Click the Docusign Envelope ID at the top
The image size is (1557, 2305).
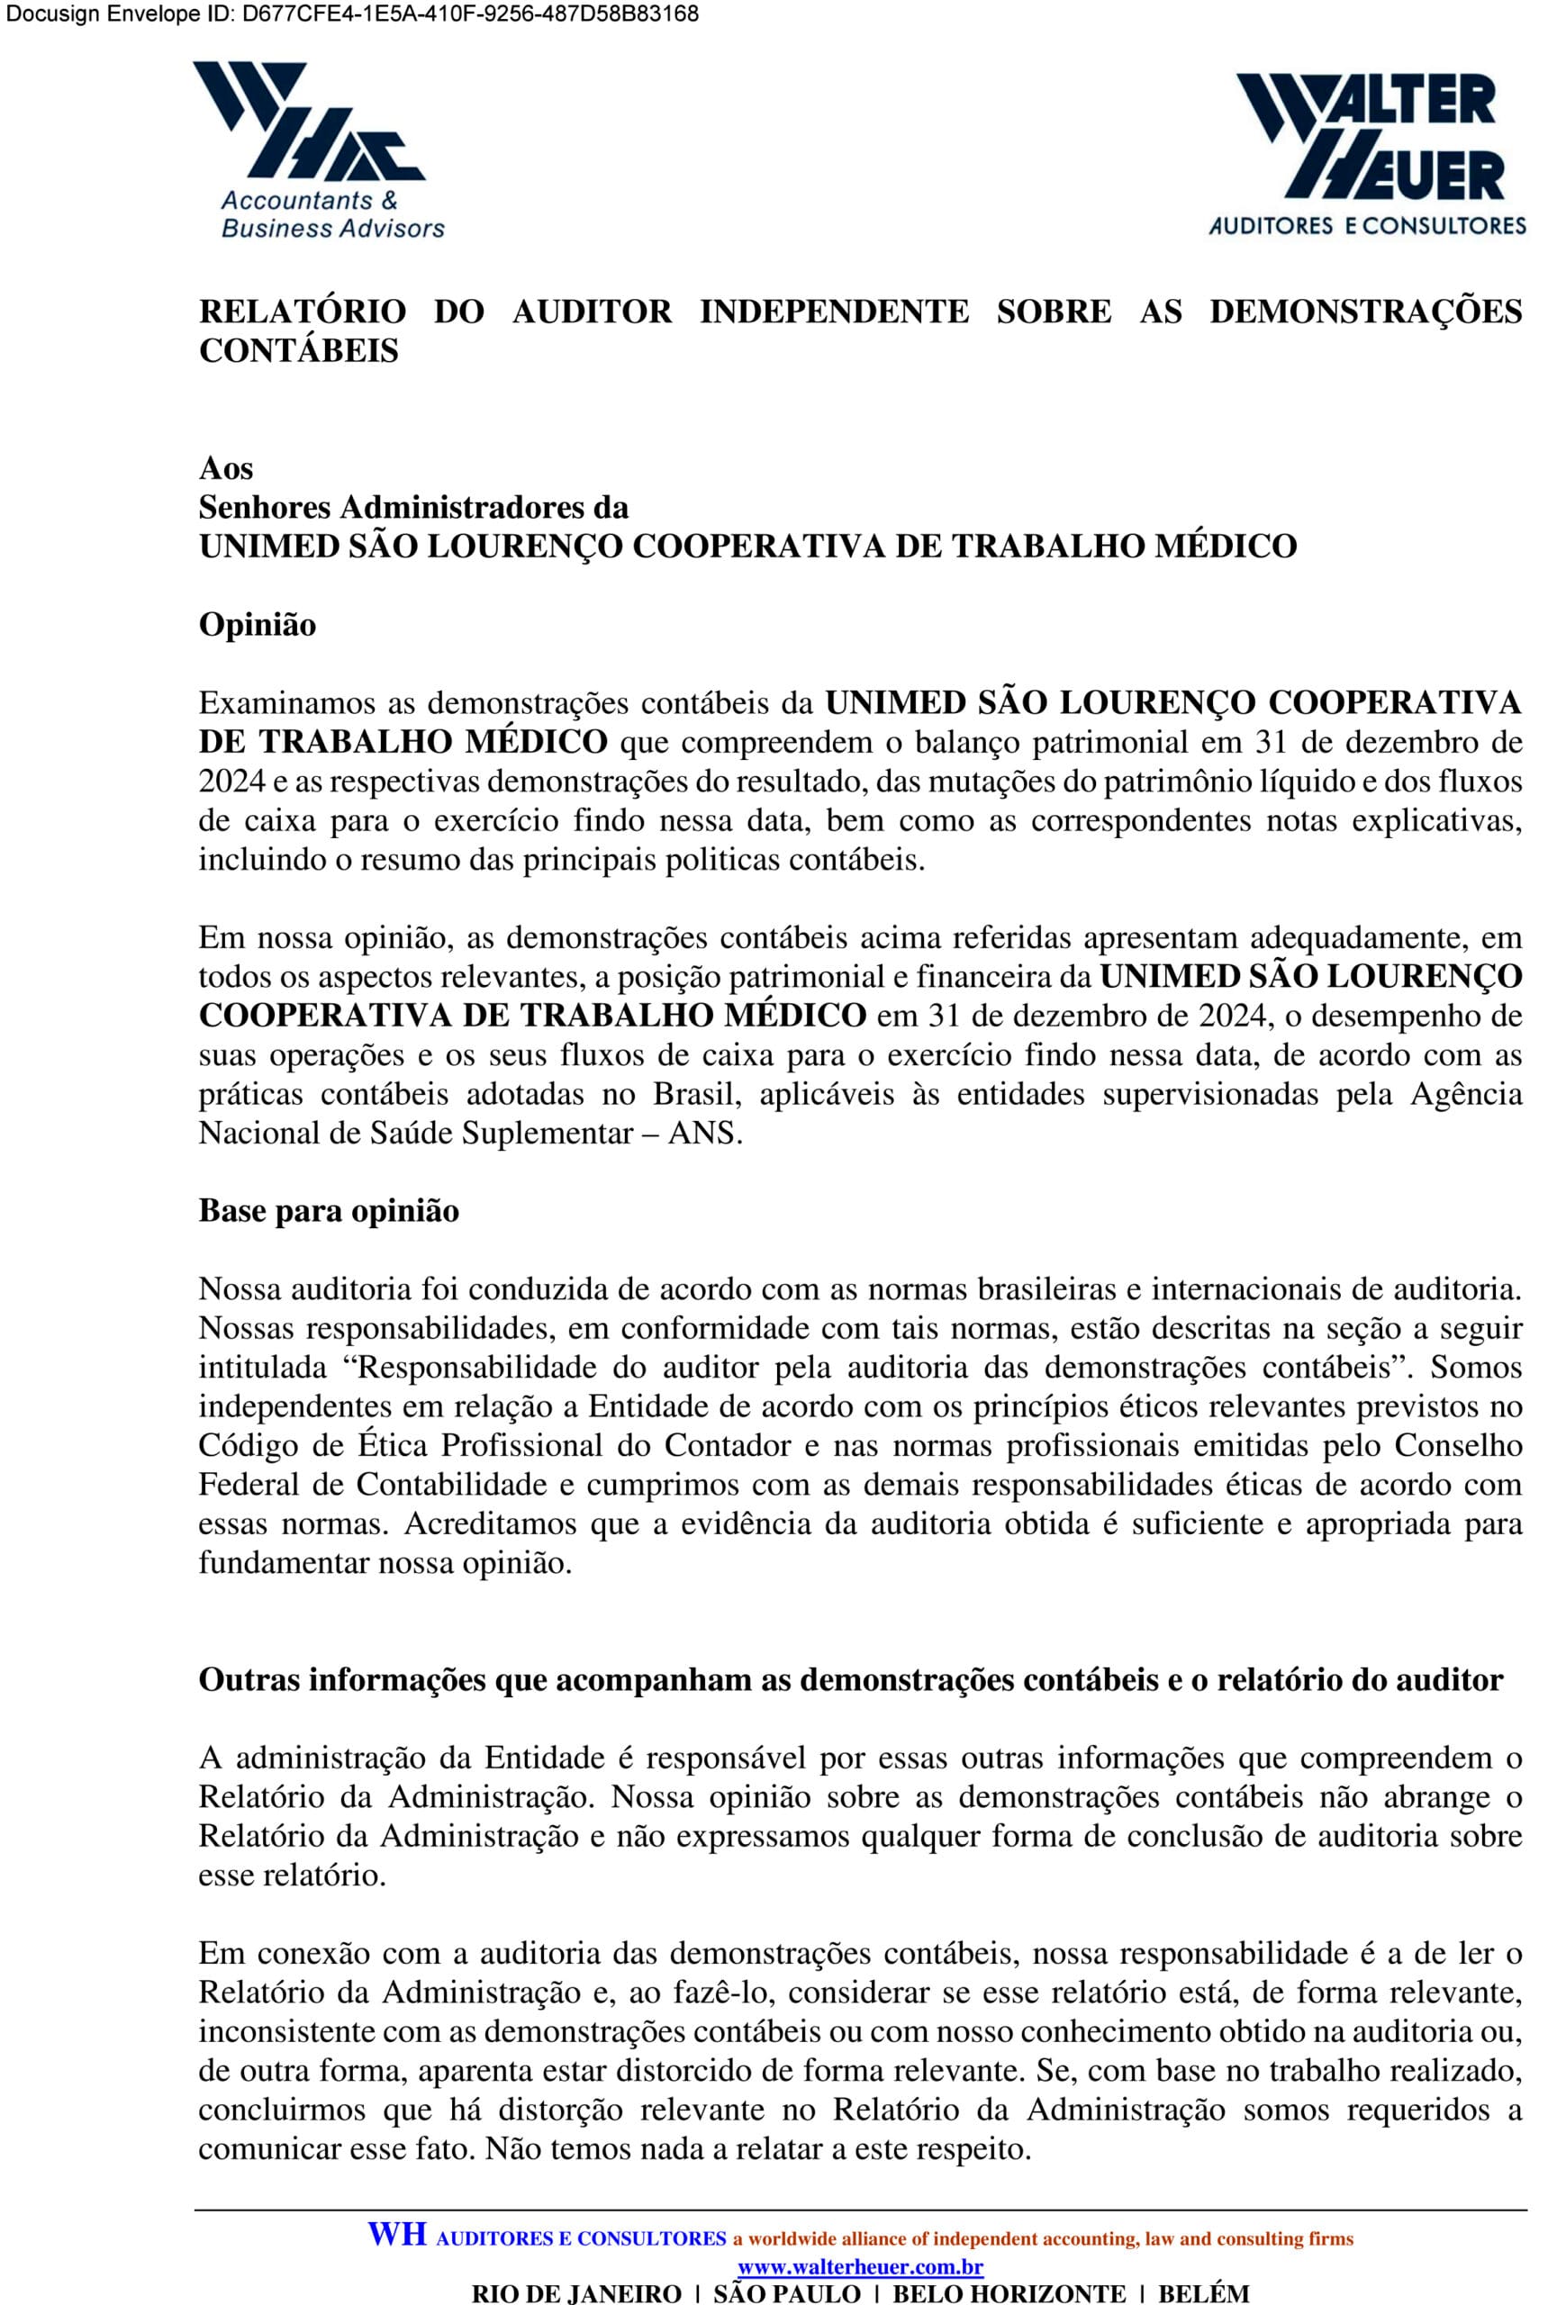pyautogui.click(x=352, y=14)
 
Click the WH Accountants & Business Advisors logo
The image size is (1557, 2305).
pyautogui.click(x=317, y=149)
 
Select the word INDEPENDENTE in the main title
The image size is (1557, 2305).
pyautogui.click(x=834, y=312)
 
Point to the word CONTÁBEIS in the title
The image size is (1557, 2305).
pyautogui.click(x=298, y=351)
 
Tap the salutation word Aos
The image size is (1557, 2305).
pyautogui.click(x=226, y=468)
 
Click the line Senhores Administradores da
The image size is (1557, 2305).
pyautogui.click(x=413, y=507)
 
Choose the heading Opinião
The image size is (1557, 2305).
pyautogui.click(x=258, y=625)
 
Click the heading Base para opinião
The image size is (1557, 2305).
pyautogui.click(x=330, y=1211)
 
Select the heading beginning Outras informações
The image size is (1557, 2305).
pyautogui.click(x=851, y=1680)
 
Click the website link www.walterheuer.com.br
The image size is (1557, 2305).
pyautogui.click(x=860, y=2267)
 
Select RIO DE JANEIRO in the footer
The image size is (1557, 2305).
pyautogui.click(x=576, y=2293)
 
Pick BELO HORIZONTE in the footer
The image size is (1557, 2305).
pyautogui.click(x=1009, y=2293)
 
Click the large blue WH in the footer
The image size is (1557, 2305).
pyautogui.click(x=397, y=2235)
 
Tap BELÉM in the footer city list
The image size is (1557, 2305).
pyautogui.click(x=1204, y=2293)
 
